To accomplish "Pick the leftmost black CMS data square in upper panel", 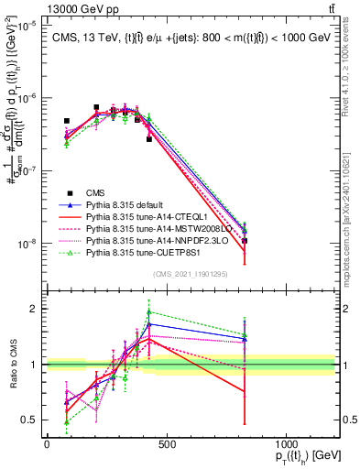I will coord(67,121).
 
